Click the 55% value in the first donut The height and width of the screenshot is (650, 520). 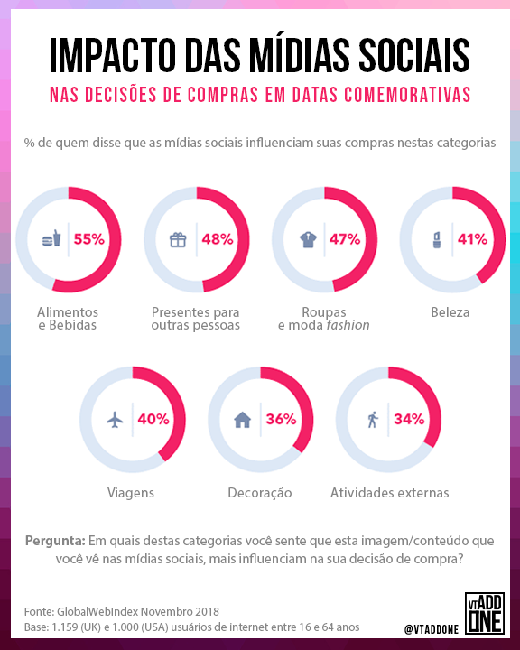point(89,239)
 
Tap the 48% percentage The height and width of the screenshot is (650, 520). point(218,239)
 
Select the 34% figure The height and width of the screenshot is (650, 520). point(409,419)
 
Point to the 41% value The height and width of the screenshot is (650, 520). point(472,239)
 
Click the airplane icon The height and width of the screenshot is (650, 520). point(115,420)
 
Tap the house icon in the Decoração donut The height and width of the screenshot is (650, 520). point(242,420)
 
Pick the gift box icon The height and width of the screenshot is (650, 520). point(178,239)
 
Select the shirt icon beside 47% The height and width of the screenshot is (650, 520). point(305,239)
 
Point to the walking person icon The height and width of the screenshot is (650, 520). point(372,420)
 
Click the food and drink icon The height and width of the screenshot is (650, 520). point(51,239)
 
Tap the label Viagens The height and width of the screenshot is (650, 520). point(130,493)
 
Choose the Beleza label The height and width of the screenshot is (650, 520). point(450,312)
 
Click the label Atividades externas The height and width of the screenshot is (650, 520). point(389,493)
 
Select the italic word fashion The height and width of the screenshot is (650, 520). point(348,325)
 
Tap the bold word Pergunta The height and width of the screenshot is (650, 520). point(55,541)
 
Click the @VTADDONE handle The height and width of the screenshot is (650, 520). point(432,627)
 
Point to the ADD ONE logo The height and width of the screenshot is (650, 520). point(486,616)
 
